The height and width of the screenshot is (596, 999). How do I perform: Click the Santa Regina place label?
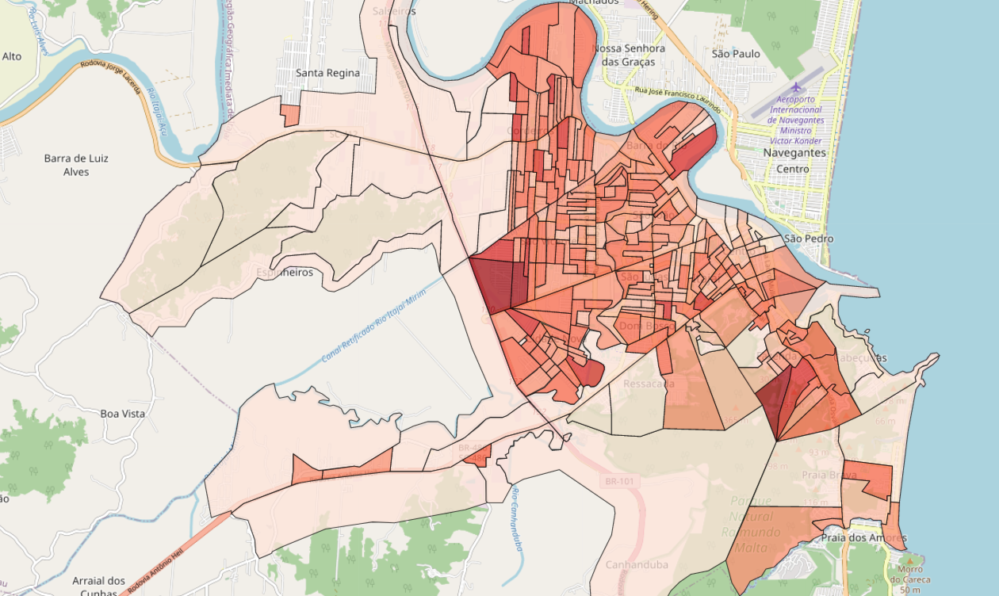click(327, 73)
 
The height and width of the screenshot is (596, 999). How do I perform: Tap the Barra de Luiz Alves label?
click(76, 165)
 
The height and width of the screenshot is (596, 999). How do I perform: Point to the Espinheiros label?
click(284, 273)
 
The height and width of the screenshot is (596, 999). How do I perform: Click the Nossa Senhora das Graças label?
click(629, 55)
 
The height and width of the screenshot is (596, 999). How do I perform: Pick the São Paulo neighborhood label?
click(736, 54)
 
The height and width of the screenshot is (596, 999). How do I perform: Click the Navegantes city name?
click(794, 152)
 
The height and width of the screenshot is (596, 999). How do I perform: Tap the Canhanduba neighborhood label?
click(637, 565)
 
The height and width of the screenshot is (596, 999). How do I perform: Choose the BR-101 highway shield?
click(621, 481)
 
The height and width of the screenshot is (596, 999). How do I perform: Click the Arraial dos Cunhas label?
click(99, 586)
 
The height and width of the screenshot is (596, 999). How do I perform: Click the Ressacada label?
click(649, 384)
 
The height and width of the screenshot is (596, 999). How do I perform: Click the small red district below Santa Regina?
click(290, 116)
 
